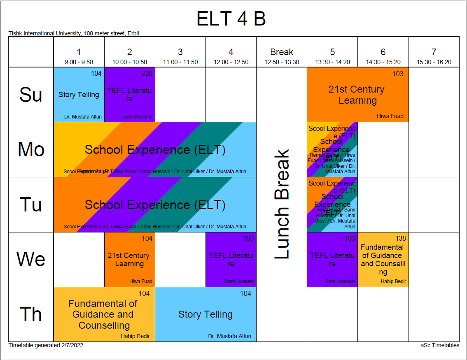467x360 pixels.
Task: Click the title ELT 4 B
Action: point(231,19)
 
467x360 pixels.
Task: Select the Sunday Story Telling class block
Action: point(79,95)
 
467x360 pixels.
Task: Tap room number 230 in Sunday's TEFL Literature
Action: point(147,74)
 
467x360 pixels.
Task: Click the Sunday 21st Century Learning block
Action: point(357,95)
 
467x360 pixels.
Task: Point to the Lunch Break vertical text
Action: point(282,204)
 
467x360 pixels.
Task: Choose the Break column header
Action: point(282,52)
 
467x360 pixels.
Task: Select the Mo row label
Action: point(31,149)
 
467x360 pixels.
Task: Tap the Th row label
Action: point(31,314)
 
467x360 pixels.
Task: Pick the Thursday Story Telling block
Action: point(205,314)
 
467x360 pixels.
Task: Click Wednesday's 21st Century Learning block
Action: point(129,259)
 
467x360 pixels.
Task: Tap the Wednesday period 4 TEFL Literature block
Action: point(231,259)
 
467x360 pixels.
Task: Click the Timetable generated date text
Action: point(46,346)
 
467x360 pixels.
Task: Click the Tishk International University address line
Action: point(74,33)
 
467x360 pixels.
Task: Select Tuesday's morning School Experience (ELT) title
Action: point(155,204)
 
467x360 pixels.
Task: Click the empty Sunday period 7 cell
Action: point(434,95)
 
